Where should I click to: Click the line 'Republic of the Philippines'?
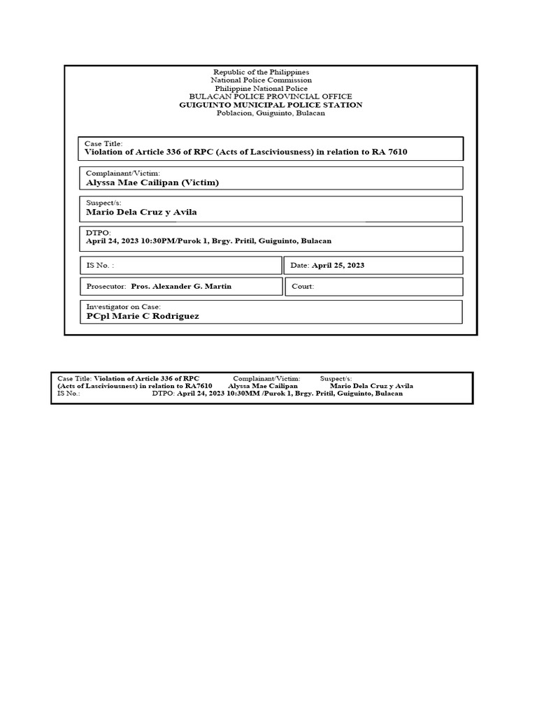[x=261, y=72]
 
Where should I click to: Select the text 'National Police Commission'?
[x=261, y=80]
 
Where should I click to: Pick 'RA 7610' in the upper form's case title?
[x=391, y=152]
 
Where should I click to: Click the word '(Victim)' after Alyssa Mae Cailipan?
[x=200, y=182]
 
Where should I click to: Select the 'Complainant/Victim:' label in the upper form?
[x=123, y=173]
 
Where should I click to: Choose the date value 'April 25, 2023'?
[x=338, y=266]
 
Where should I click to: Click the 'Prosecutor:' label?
[x=106, y=287]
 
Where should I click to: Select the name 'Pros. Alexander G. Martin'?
[x=181, y=287]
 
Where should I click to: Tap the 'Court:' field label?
[x=303, y=287]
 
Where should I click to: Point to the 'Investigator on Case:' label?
[x=123, y=306]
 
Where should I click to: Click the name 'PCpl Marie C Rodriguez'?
[x=142, y=316]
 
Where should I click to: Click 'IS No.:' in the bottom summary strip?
[x=69, y=394]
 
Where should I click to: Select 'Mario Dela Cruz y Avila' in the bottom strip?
[x=371, y=386]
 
